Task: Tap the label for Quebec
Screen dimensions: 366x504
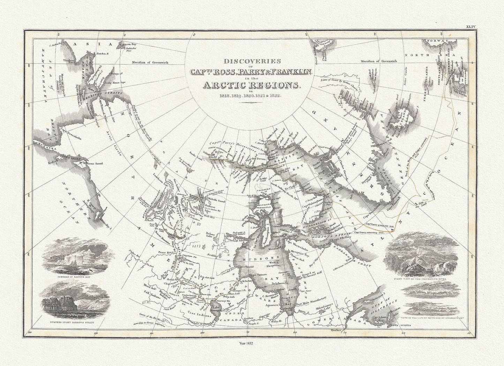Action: (x=334, y=329)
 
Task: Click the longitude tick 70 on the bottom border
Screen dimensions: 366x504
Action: (x=344, y=333)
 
